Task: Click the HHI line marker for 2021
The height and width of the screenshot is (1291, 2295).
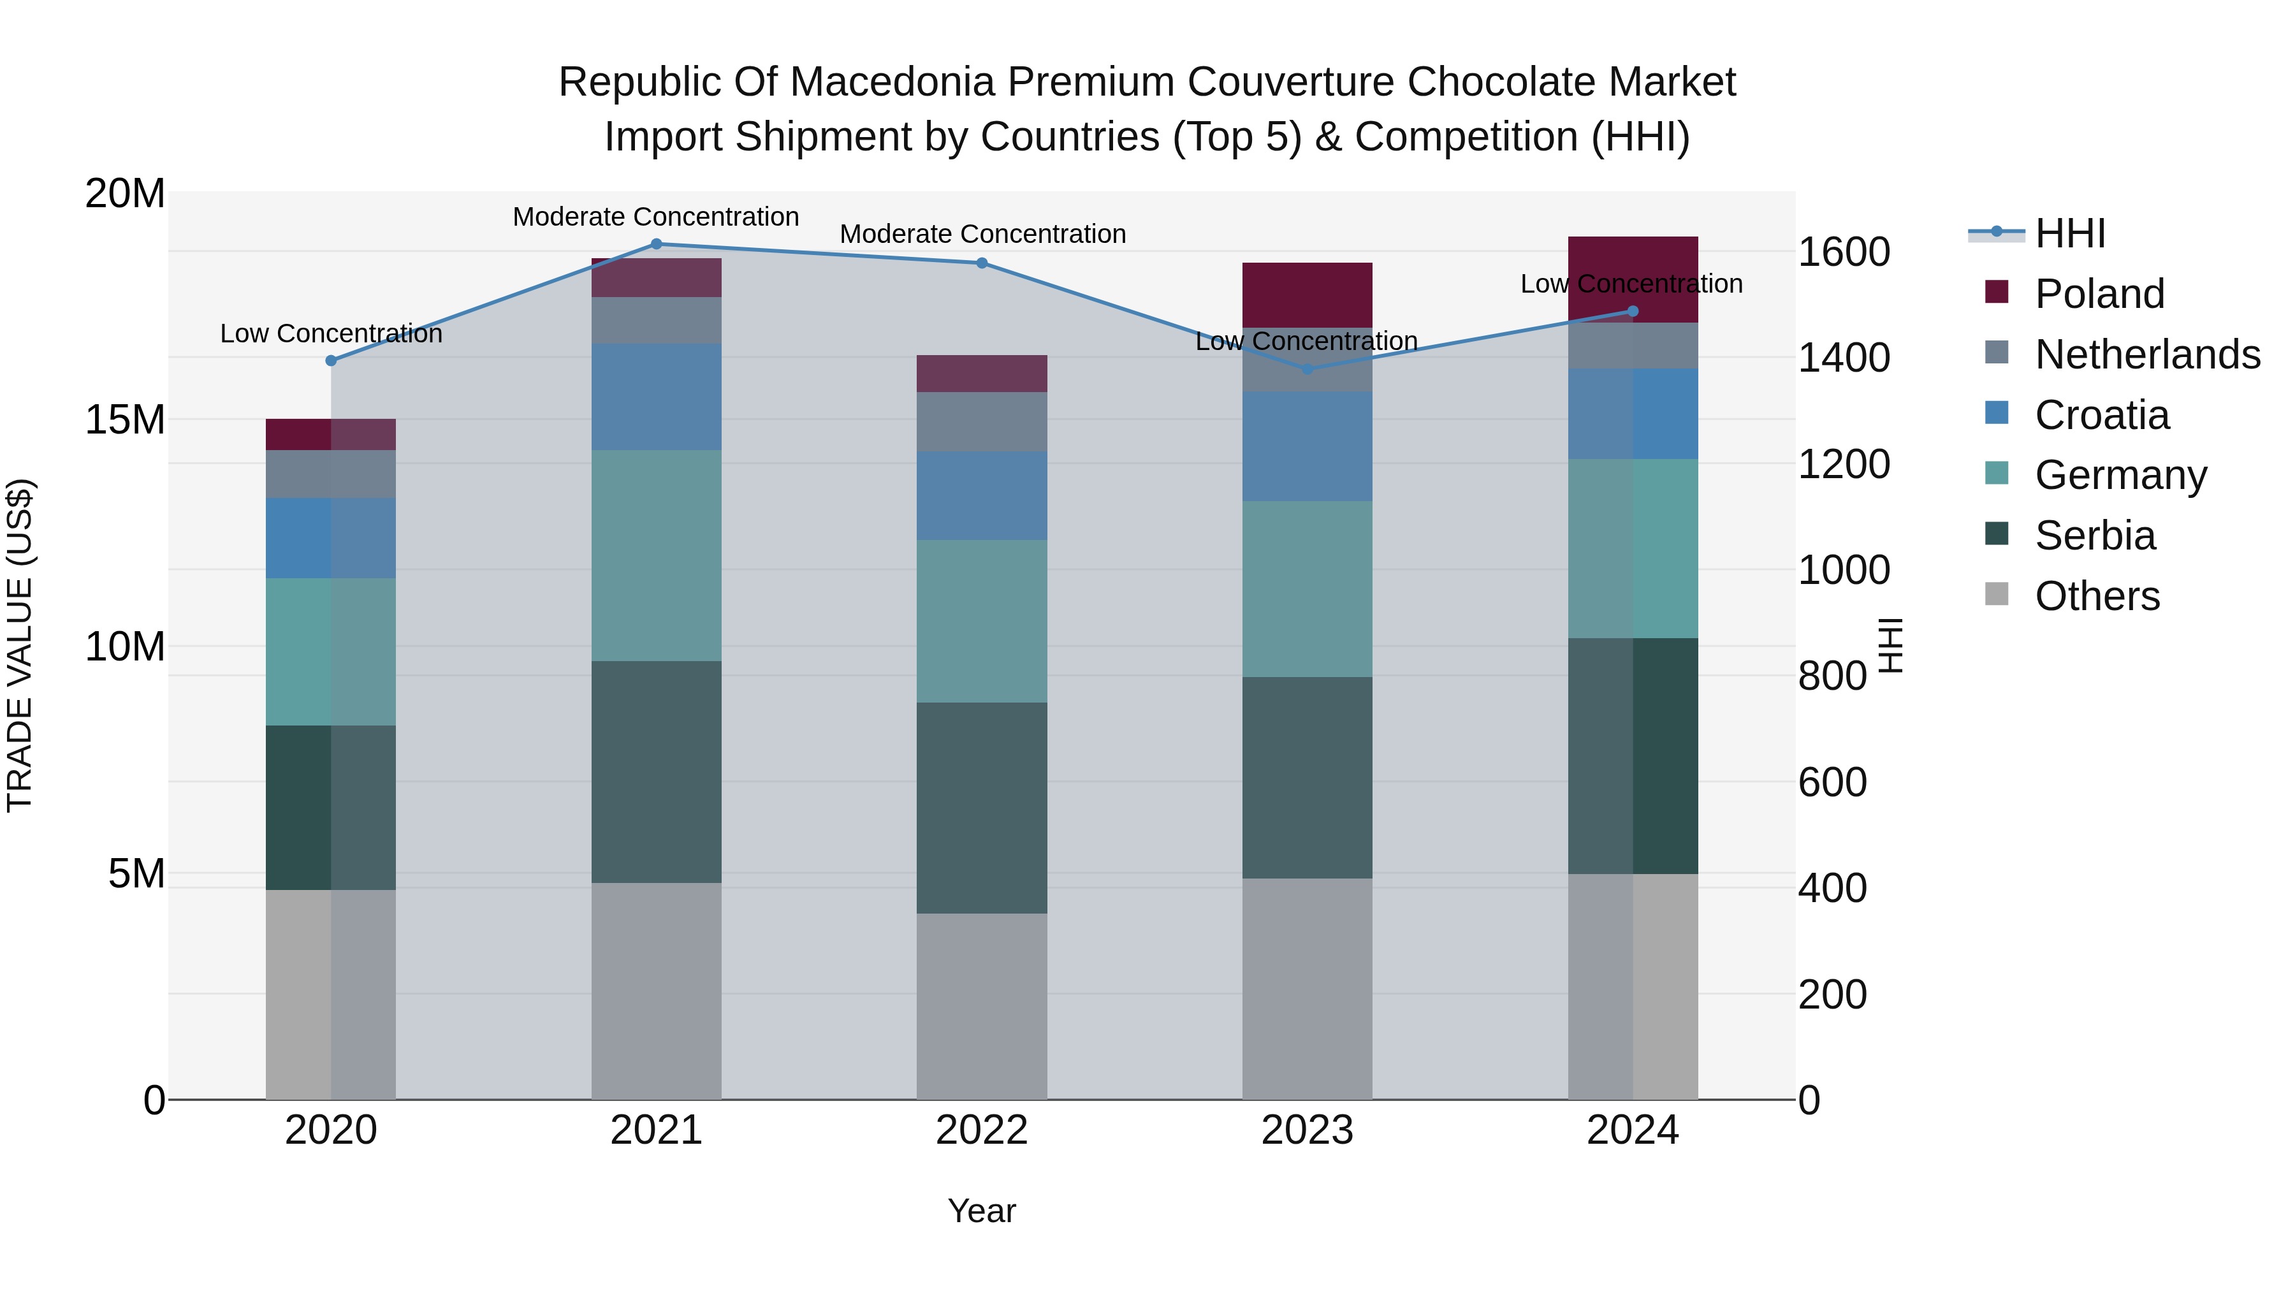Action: (x=656, y=244)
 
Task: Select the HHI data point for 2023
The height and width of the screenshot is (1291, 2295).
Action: (x=1307, y=369)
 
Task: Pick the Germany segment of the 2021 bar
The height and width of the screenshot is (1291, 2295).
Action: (x=656, y=555)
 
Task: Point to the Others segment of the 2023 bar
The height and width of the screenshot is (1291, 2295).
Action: (x=1307, y=989)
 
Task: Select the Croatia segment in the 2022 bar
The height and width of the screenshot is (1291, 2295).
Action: (x=982, y=495)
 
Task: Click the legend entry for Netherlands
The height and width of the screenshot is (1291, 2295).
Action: (x=2147, y=354)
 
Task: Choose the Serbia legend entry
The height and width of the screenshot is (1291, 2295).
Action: (x=2095, y=536)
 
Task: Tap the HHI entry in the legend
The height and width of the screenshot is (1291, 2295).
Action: (x=2069, y=233)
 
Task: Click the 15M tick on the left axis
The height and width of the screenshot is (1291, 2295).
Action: (x=125, y=419)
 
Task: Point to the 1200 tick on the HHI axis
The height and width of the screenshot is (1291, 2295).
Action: (x=1843, y=464)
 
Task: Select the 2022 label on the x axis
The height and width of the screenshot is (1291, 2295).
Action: (x=982, y=1130)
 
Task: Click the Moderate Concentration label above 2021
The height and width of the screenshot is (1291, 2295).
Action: (x=656, y=217)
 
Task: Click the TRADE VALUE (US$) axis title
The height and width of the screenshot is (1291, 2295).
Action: (x=20, y=645)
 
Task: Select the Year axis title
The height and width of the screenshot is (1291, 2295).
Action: (x=982, y=1211)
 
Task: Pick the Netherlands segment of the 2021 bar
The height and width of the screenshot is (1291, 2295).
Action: (x=656, y=321)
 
